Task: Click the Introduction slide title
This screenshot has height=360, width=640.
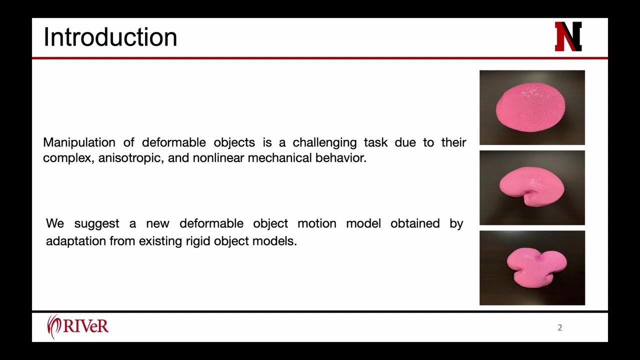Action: pos(110,37)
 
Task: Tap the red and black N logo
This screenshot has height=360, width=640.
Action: pos(568,36)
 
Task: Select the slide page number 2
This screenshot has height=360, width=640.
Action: pos(560,328)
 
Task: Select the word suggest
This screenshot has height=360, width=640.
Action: pos(96,223)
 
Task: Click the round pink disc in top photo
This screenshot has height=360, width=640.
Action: pos(531,108)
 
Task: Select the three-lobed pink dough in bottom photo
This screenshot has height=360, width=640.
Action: pos(536,267)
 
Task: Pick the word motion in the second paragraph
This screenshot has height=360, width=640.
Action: pos(317,223)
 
